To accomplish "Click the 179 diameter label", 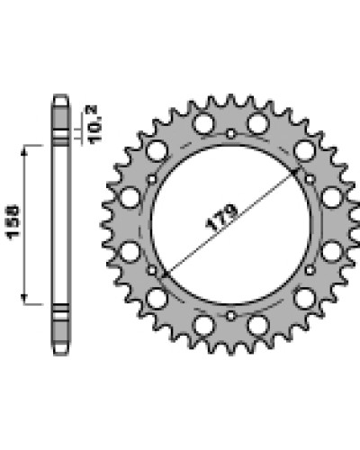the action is (x=222, y=218).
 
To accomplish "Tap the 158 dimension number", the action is (x=13, y=222).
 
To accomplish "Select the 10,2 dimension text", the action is (x=95, y=124).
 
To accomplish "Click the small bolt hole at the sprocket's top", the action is (x=230, y=133).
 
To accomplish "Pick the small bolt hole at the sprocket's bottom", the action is (x=230, y=316).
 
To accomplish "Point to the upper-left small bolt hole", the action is (x=152, y=179).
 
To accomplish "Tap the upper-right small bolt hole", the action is (x=310, y=179).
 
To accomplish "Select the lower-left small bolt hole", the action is (x=152, y=270).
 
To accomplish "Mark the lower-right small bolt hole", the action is (x=310, y=270).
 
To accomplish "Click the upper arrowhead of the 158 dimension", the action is (x=24, y=150).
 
